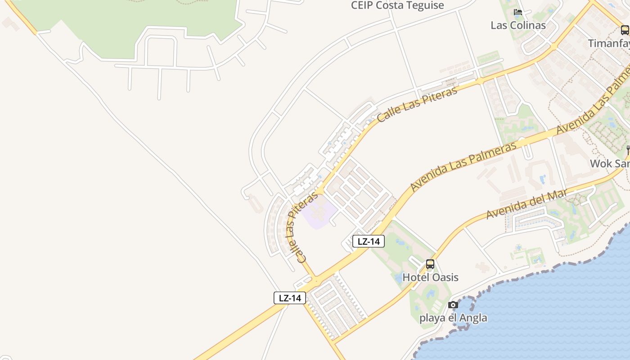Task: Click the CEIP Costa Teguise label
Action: click(397, 5)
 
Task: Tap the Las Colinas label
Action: click(518, 25)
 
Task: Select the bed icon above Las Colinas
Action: click(518, 12)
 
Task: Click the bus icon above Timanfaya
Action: click(625, 30)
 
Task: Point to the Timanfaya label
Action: click(609, 43)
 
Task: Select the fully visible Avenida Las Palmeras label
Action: click(463, 166)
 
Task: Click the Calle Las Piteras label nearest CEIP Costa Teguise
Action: click(417, 104)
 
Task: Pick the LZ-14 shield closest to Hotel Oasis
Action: click(369, 241)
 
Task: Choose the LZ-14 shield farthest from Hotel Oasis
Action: click(290, 297)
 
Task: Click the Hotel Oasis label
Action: click(430, 277)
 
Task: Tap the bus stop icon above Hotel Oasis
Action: click(430, 264)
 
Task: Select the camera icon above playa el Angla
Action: click(453, 305)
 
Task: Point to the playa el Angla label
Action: click(453, 318)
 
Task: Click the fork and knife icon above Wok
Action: click(627, 150)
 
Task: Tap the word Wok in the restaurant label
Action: click(600, 163)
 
